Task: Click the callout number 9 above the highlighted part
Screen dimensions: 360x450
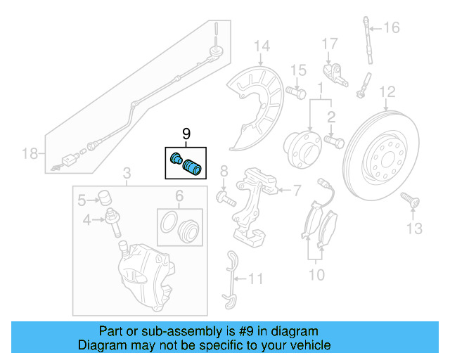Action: pyautogui.click(x=186, y=134)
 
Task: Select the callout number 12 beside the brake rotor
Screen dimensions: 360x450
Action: pyautogui.click(x=387, y=91)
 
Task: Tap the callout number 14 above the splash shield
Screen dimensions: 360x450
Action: pyautogui.click(x=262, y=47)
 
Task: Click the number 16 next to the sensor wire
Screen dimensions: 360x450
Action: pyautogui.click(x=391, y=28)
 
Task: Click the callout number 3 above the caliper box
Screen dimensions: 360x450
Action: pyautogui.click(x=127, y=173)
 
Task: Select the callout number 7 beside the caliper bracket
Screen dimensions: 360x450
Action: pyautogui.click(x=295, y=190)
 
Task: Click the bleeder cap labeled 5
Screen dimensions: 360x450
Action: pyautogui.click(x=105, y=195)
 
